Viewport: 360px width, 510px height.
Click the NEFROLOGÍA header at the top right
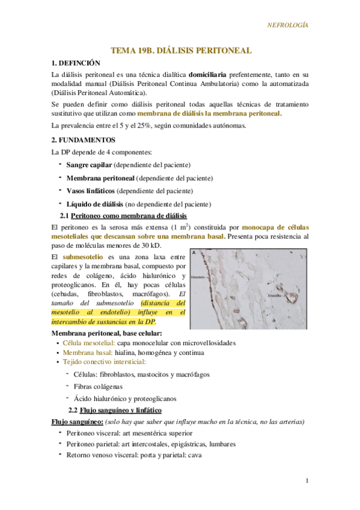(287, 25)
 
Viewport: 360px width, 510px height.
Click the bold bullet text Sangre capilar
(89, 164)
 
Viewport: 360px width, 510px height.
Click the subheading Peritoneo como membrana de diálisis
(129, 215)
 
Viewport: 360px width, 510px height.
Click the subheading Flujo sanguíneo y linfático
(132, 410)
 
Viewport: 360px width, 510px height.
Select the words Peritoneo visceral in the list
(93, 433)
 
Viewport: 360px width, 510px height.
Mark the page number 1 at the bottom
(307, 481)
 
